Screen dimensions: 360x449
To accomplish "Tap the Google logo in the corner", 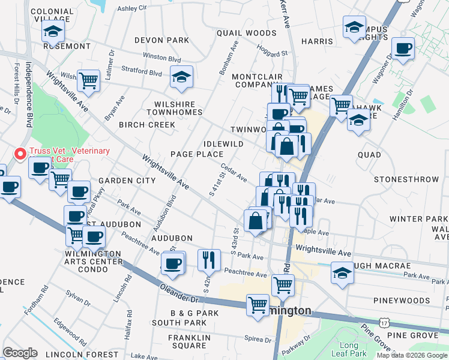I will point(19,353).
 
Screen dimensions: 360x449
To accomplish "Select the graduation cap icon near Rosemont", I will point(53,31).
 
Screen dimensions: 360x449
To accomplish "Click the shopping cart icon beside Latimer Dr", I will point(88,80).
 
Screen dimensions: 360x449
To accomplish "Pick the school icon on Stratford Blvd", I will point(181,77).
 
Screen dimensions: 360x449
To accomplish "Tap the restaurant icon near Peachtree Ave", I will point(208,259).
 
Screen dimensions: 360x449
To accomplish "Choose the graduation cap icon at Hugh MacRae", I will point(342,272).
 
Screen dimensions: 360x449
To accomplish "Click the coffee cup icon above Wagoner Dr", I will point(402,48).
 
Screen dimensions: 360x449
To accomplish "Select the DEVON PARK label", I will point(153,40).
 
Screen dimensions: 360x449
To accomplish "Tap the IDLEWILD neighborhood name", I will point(223,144).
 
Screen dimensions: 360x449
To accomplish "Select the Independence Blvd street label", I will point(28,90).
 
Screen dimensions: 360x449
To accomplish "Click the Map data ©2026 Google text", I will point(412,355).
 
